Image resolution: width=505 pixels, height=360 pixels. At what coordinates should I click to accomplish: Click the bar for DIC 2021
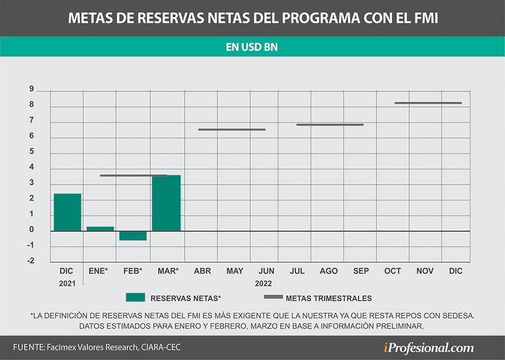tap(67, 212)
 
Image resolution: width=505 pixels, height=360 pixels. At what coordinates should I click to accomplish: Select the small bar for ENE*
tap(100, 229)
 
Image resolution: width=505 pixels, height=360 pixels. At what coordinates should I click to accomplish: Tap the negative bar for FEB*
tap(133, 235)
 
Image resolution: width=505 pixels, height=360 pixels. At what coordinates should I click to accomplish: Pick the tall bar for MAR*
tap(166, 203)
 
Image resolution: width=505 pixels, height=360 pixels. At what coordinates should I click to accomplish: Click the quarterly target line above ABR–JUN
tap(232, 130)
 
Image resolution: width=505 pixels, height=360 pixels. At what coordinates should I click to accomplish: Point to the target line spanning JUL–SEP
tap(330, 125)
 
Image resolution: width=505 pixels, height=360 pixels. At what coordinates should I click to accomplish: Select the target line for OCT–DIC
tap(428, 103)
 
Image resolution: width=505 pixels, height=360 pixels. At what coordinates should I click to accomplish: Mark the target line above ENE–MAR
tap(133, 176)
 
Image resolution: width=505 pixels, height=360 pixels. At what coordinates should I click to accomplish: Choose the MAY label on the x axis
tap(235, 271)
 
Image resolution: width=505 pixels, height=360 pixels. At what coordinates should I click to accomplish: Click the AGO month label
tap(328, 271)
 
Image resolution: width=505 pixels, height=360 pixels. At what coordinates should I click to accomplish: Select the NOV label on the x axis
tap(425, 271)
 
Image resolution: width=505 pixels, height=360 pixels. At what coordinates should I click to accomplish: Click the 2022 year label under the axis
tap(263, 283)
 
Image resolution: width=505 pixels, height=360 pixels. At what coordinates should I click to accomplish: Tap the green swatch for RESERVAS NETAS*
tap(135, 297)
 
